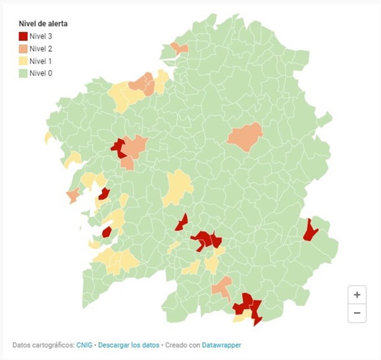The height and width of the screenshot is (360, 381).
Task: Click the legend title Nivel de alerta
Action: tap(43, 24)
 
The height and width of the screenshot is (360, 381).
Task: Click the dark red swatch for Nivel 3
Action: tap(23, 36)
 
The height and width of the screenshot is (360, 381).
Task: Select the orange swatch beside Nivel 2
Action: tap(23, 49)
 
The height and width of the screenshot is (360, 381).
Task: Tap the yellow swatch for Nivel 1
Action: tap(23, 61)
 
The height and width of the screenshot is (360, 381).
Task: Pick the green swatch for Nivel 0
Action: tap(23, 73)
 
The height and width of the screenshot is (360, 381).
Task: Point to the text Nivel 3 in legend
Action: tap(41, 36)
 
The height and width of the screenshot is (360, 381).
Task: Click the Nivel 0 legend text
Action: tap(41, 73)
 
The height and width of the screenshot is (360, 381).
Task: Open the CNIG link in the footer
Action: tap(85, 345)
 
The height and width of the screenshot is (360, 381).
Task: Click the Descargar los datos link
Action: tap(129, 345)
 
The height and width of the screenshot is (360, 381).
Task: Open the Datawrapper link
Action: tap(221, 345)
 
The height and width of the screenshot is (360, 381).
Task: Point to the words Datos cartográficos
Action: tap(43, 345)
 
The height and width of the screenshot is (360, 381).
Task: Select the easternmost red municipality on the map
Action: tap(310, 230)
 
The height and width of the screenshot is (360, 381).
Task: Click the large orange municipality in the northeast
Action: tap(245, 136)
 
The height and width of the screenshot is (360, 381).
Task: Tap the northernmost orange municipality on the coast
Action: tap(179, 48)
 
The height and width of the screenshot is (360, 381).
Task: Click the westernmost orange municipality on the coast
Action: tap(72, 195)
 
